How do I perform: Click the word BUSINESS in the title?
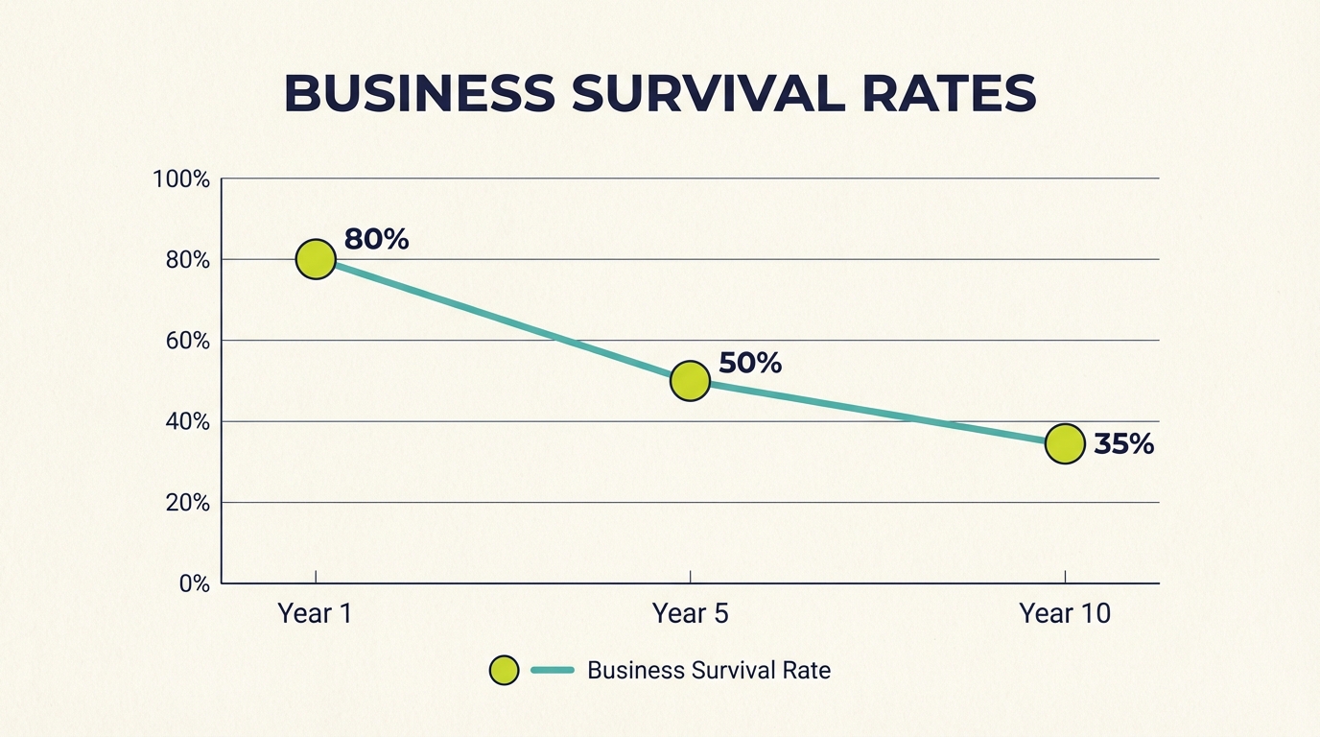(x=419, y=94)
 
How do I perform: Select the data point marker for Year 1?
(x=316, y=259)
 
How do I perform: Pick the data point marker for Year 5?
(x=690, y=381)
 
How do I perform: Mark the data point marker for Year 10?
(x=1065, y=443)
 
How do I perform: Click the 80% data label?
(x=376, y=239)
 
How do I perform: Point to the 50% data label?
(x=750, y=363)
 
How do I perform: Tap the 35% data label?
(x=1123, y=444)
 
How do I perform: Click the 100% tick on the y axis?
(x=181, y=179)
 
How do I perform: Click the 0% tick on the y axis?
(x=194, y=583)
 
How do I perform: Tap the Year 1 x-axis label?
(x=315, y=613)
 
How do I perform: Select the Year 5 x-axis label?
(x=690, y=613)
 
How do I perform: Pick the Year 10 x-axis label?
(x=1065, y=613)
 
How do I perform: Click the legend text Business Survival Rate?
(x=708, y=670)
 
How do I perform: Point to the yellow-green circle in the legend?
(x=504, y=670)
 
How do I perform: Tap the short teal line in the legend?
(x=552, y=670)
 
